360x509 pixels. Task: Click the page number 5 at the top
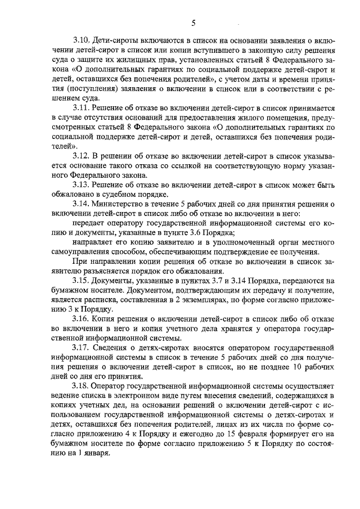(x=192, y=23)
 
